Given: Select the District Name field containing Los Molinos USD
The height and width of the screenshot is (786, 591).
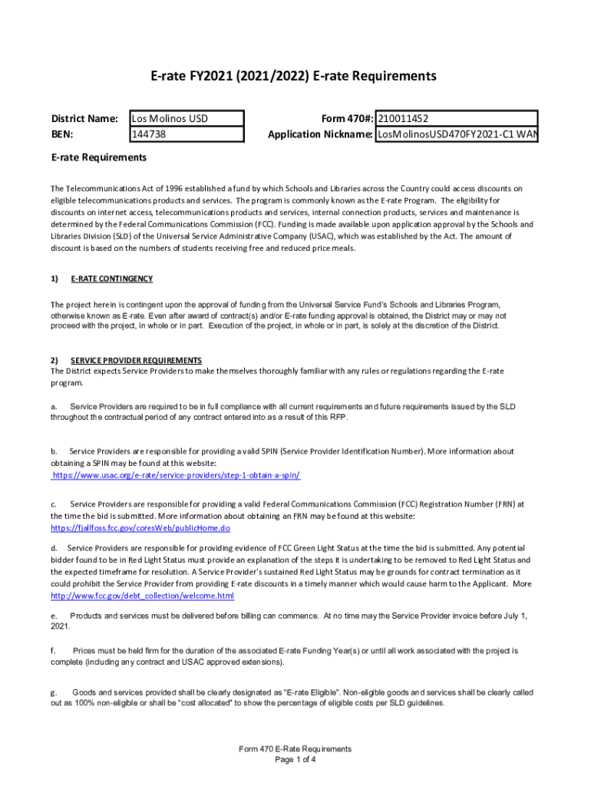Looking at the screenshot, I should (x=186, y=118).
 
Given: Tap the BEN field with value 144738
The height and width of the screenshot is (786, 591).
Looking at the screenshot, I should (x=186, y=134).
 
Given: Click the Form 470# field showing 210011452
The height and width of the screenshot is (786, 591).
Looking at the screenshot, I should (x=457, y=118).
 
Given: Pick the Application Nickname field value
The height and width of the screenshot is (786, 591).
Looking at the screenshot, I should (x=457, y=134).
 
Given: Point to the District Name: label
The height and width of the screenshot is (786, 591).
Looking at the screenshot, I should (x=84, y=118).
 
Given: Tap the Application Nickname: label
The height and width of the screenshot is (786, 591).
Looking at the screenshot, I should (x=320, y=134).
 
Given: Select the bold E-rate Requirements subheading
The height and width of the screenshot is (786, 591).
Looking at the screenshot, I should (x=98, y=157).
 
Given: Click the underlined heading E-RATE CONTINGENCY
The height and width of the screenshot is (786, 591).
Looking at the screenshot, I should (x=111, y=279).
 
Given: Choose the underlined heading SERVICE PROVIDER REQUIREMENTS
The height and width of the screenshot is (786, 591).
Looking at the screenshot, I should (x=136, y=360).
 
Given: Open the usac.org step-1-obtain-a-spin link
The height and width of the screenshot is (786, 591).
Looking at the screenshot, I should (x=176, y=475).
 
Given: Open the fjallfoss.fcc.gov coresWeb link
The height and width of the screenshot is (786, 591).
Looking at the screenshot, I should (x=140, y=528).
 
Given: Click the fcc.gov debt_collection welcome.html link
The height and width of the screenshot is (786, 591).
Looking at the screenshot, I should (x=142, y=596).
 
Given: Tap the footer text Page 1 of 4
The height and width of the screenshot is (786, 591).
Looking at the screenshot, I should (x=295, y=760).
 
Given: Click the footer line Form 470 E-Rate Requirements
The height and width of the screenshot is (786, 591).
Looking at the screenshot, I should (x=295, y=748).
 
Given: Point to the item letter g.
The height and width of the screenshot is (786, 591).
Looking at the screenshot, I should (x=54, y=692).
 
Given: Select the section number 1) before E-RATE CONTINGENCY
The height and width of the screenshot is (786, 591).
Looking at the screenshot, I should (x=54, y=279).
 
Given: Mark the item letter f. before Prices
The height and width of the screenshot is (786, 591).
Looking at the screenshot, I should (x=54, y=651).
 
